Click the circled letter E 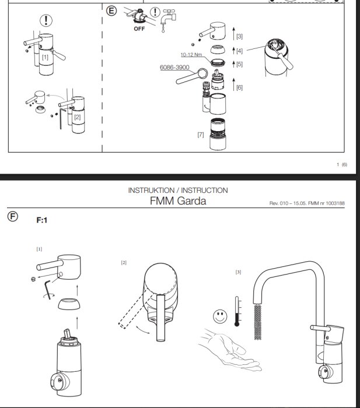pos(111,11)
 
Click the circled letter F pos(13,216)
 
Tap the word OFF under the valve pos(139,29)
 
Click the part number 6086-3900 pos(174,68)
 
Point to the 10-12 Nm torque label pos(191,55)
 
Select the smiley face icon pos(220,316)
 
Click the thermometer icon pos(237,311)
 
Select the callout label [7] pos(201,135)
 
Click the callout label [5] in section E pos(239,64)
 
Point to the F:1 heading pos(42,220)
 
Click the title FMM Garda pos(178,201)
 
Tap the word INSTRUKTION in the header pos(151,190)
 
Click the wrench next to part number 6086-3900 pos(192,76)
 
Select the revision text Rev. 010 pos(279,203)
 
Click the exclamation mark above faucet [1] pos(46,20)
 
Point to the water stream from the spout pos(258,322)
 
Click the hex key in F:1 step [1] pos(48,290)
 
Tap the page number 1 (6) pos(342,164)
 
